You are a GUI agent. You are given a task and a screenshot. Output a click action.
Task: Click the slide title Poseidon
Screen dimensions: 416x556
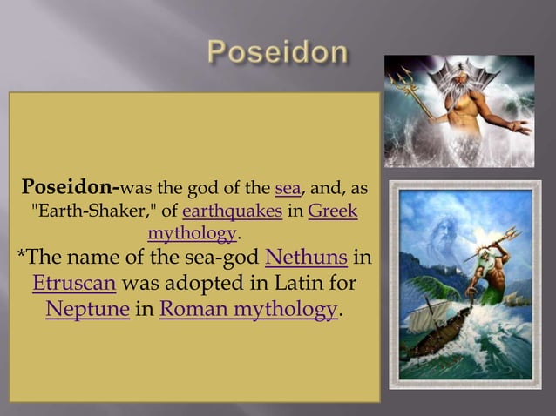(x=278, y=53)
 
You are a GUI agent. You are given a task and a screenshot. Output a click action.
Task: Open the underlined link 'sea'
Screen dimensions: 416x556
(x=287, y=189)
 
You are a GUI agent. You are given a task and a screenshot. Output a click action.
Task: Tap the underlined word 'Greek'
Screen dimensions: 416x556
(x=333, y=211)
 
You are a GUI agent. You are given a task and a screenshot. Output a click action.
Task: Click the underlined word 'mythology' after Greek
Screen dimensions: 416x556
(x=193, y=233)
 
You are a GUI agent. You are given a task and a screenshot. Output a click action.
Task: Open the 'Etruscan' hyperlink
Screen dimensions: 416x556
(x=72, y=284)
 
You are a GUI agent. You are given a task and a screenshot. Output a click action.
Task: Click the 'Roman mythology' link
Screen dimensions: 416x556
(x=247, y=309)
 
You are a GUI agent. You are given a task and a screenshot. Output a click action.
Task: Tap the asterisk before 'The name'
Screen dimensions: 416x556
(x=23, y=258)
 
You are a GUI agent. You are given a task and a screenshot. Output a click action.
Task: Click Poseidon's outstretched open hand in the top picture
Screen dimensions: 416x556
(x=519, y=128)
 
